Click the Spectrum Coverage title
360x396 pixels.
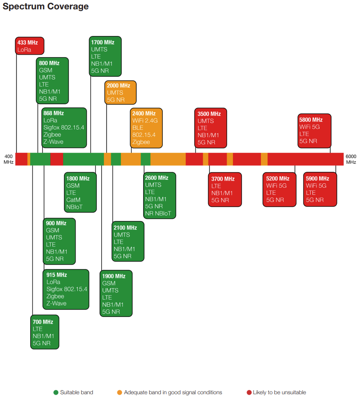tap(45, 6)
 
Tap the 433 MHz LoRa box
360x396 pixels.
tap(30, 46)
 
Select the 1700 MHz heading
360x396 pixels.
tap(103, 42)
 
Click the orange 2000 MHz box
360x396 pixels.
tap(120, 92)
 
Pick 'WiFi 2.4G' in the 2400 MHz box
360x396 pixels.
tap(145, 120)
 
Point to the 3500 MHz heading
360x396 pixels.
tap(209, 114)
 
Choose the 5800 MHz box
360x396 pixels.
tap(314, 131)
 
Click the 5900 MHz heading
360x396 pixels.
tap(317, 178)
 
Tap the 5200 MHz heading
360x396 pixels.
tap(278, 178)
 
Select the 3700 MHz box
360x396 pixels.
tap(225, 190)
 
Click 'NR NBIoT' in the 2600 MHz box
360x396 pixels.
tap(158, 214)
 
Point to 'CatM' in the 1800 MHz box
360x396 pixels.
tap(73, 200)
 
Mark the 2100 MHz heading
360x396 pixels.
tap(125, 228)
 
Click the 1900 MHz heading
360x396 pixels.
tap(114, 276)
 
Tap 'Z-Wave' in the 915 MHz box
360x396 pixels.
tap(56, 303)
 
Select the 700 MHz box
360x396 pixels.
tap(45, 332)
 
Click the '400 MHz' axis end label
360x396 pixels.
tap(8, 159)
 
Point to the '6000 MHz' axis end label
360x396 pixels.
tap(351, 159)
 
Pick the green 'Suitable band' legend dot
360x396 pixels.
tap(56, 392)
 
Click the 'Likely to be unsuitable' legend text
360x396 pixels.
tap(280, 392)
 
